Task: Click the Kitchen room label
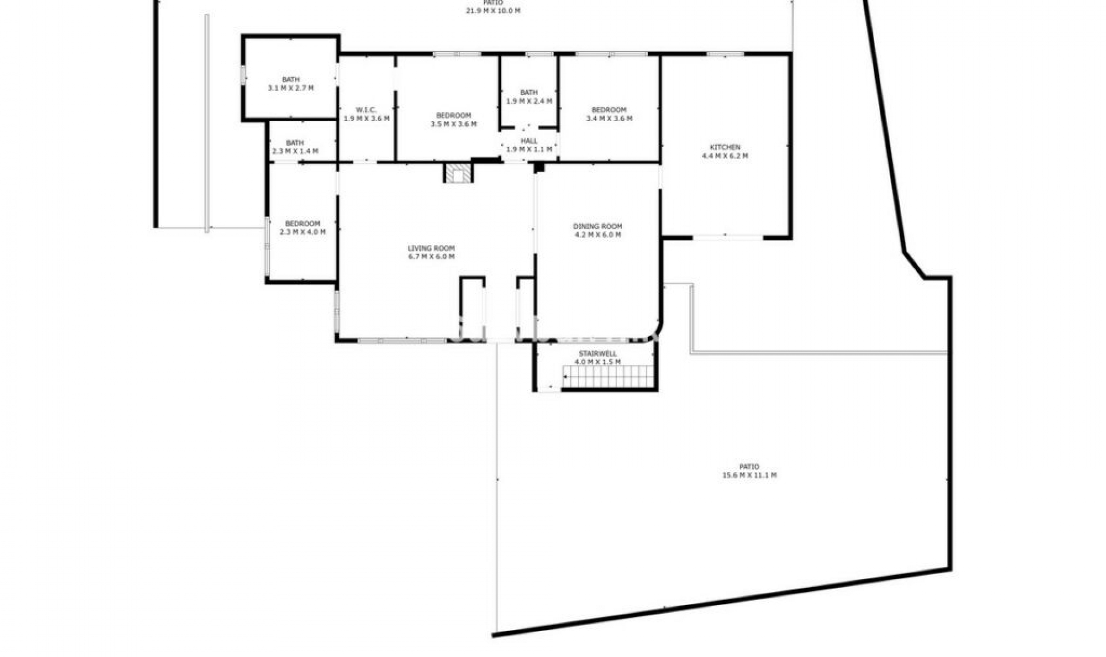pos(725,148)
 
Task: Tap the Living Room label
pos(431,248)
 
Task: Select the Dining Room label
pos(597,226)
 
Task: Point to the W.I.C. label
pos(366,110)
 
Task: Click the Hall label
pos(529,141)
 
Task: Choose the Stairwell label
pos(597,354)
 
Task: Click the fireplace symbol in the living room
pos(459,173)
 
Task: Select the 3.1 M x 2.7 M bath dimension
pos(291,88)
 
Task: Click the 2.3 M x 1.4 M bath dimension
pos(295,152)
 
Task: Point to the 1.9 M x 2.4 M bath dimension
pos(529,101)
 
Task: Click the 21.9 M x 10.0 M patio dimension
pos(493,11)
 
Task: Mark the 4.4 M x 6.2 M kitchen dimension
pos(725,156)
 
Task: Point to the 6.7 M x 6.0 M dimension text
pos(431,257)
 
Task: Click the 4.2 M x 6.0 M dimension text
pos(597,235)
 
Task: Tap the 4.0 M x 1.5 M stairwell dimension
pos(597,363)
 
